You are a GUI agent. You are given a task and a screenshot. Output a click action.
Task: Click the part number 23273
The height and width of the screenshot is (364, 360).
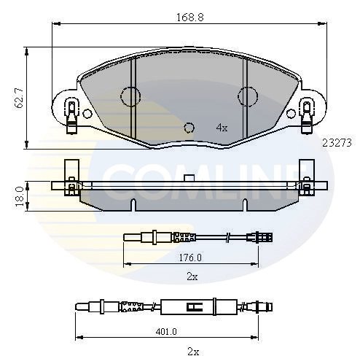coord(337,143)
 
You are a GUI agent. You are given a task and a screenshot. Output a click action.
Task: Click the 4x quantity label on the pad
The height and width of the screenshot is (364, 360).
coord(222,127)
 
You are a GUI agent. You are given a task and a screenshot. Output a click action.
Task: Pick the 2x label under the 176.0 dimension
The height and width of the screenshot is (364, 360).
coord(192,277)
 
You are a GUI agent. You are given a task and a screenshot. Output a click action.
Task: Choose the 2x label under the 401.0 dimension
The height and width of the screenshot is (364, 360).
coord(192,351)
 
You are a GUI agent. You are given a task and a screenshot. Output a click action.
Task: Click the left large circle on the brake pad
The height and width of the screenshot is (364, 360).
coord(130,96)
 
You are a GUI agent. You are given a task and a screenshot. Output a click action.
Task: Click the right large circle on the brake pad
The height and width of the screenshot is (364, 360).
coord(248,96)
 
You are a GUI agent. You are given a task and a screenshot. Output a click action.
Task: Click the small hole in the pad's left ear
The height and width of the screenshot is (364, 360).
coord(87,114)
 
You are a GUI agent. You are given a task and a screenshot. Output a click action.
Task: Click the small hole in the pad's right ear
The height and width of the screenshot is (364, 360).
coord(291,114)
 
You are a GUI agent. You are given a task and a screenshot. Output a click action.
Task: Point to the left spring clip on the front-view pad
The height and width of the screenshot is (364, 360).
coord(71,115)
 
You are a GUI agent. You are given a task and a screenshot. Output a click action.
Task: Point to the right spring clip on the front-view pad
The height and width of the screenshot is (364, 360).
coord(306,115)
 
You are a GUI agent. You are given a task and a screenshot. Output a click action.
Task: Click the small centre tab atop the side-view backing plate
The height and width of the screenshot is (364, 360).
coord(189,179)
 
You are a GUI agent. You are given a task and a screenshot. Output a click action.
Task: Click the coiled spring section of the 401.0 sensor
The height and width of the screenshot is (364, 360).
coord(133,306)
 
